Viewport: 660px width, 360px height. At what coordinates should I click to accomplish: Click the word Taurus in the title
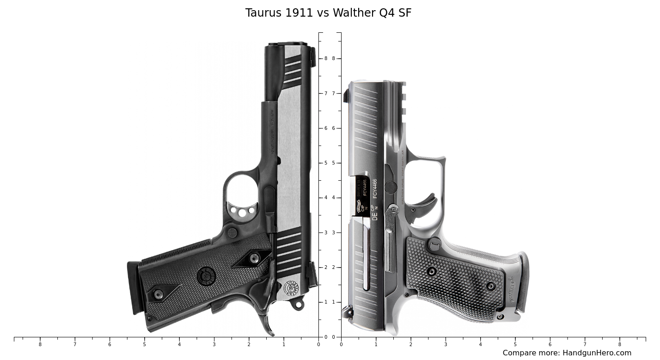tap(263, 13)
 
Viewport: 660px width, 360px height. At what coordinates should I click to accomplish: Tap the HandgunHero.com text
tap(596, 353)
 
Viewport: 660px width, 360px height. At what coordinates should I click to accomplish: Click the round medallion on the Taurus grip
tap(206, 276)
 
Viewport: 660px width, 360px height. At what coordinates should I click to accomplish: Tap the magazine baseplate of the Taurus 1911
tap(134, 287)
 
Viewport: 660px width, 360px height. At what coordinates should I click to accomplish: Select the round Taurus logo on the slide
tap(291, 288)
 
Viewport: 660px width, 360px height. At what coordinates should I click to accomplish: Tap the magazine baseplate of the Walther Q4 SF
tap(523, 282)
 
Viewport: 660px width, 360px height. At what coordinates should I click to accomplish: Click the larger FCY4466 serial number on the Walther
tap(375, 189)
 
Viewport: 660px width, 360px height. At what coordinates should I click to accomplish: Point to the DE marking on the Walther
tap(375, 215)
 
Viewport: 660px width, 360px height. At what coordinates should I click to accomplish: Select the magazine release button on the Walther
tap(434, 244)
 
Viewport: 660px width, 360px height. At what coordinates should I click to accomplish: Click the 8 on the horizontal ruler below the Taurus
tap(40, 344)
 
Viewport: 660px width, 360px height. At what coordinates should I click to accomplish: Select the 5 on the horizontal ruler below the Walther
tap(515, 344)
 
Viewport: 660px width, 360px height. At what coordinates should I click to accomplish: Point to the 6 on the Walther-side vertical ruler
tap(333, 128)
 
